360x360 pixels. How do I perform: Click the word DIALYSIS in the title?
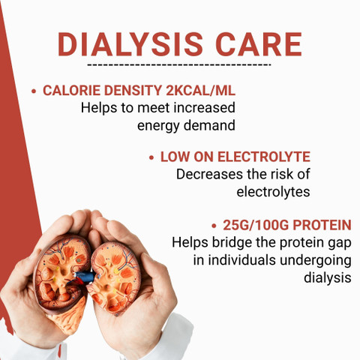tap(130, 44)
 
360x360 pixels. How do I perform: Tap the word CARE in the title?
tap(259, 44)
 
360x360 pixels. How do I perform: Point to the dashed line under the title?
tap(179, 65)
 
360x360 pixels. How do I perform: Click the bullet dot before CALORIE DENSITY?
tap(34, 91)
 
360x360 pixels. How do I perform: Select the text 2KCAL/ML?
tap(201, 91)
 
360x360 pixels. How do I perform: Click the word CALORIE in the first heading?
tap(72, 91)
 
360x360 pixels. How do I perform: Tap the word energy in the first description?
tap(158, 126)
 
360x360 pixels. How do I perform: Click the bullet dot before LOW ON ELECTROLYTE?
tap(151, 157)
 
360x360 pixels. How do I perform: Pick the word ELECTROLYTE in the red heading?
tap(264, 157)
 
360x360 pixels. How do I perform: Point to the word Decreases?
tap(210, 174)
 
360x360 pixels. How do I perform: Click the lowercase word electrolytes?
tap(273, 192)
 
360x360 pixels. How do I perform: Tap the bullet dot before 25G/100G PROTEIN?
tap(214, 226)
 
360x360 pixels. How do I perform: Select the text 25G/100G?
tap(256, 225)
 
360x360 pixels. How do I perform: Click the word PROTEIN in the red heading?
tap(322, 225)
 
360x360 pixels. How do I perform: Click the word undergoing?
tap(316, 261)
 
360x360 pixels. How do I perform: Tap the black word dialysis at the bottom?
tap(328, 277)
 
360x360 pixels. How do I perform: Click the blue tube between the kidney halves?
tap(85, 277)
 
